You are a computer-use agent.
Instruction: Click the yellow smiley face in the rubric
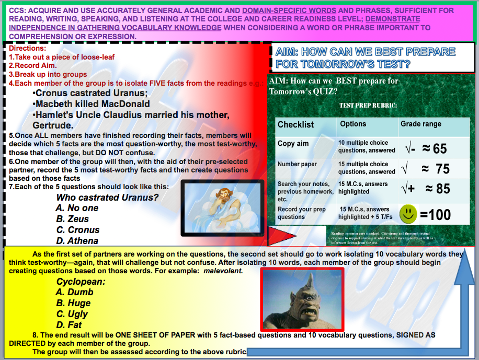[x=408, y=214]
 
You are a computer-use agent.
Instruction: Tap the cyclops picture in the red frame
[x=302, y=299]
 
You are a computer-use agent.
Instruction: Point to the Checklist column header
[x=295, y=125]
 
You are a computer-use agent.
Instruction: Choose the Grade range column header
[x=421, y=124]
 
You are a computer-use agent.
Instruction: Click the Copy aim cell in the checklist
[x=293, y=144]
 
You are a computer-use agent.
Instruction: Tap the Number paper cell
[x=297, y=164]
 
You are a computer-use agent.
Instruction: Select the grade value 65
[x=439, y=149]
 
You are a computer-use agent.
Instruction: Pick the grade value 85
[x=442, y=189]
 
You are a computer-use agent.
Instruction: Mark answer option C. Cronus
[x=77, y=230]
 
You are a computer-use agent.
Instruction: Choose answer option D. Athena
[x=77, y=241]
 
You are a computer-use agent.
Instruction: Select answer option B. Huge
[x=73, y=303]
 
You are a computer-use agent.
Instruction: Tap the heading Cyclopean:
[x=81, y=282]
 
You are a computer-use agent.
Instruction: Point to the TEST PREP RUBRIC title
[x=368, y=105]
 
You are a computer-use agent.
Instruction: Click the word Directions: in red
[x=28, y=48]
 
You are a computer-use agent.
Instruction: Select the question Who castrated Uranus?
[x=107, y=198]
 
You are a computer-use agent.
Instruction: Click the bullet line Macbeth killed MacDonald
[x=93, y=104]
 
